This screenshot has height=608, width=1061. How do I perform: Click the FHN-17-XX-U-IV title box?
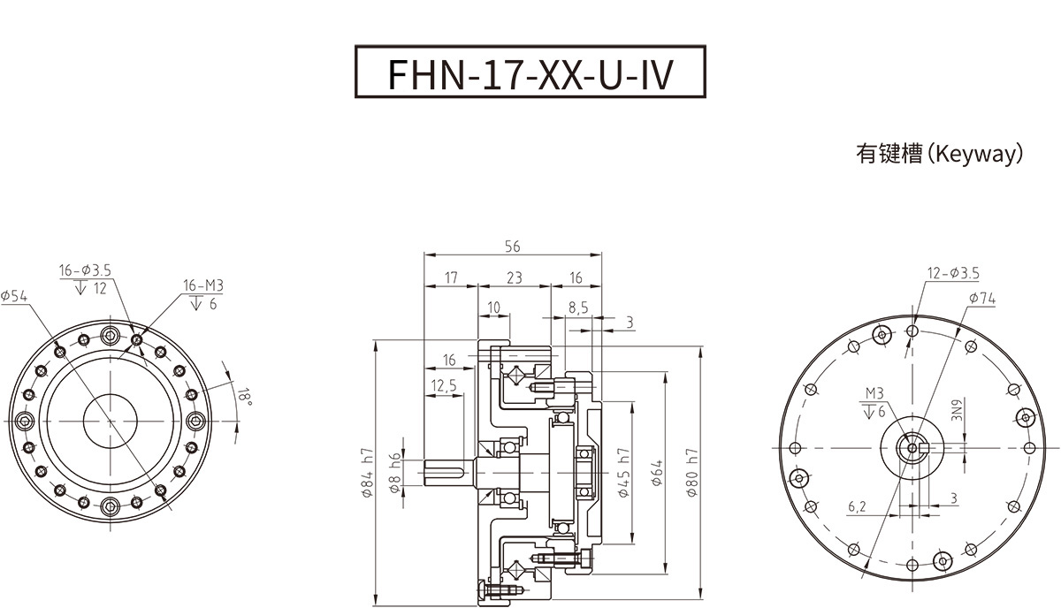[530, 73]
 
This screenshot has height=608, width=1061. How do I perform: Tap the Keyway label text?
[939, 155]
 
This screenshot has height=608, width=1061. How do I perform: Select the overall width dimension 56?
[512, 247]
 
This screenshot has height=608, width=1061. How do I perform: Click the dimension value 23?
[514, 277]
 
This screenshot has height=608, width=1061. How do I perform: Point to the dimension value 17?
[451, 277]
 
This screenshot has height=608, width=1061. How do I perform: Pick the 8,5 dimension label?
[578, 308]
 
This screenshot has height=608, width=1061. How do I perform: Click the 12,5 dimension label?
[444, 385]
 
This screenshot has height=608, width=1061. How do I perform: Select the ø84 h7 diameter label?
[368, 473]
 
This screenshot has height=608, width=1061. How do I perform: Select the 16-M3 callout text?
[203, 285]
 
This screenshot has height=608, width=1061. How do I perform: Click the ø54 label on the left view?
[15, 297]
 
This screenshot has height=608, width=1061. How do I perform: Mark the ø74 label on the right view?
[981, 300]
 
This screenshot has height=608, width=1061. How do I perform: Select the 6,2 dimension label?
[857, 506]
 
